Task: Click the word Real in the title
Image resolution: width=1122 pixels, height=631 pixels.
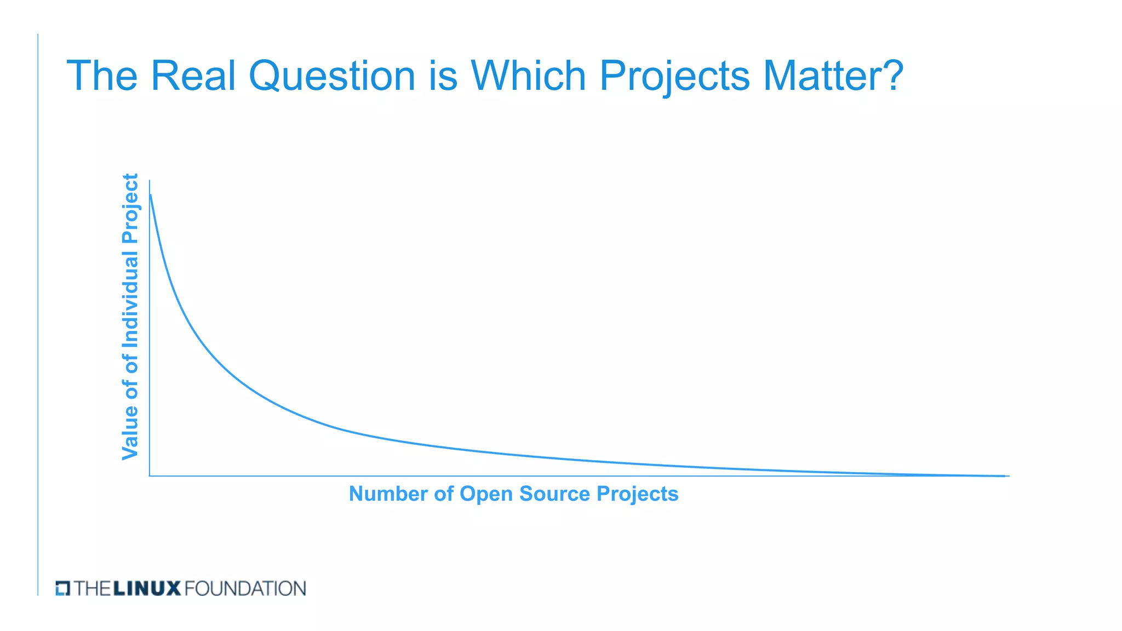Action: click(x=192, y=76)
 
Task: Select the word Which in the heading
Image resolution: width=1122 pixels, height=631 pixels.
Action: click(x=528, y=76)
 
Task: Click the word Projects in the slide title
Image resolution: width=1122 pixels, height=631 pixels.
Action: click(x=674, y=76)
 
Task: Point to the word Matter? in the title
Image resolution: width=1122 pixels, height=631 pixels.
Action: click(x=833, y=76)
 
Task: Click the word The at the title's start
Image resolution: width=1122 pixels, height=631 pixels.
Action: click(x=102, y=76)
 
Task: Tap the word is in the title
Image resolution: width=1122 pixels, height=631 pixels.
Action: click(x=443, y=76)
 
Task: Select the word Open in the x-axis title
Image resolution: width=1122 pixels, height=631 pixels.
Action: click(x=486, y=494)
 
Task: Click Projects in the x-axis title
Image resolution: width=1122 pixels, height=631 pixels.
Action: click(x=637, y=494)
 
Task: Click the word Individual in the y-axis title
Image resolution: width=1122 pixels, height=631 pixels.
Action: click(x=130, y=299)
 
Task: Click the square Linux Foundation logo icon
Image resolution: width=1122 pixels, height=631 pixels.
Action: click(x=62, y=588)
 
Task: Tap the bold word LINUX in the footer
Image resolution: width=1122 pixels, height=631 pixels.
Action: click(x=147, y=588)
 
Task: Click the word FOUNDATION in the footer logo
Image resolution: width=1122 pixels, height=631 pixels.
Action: click(x=245, y=588)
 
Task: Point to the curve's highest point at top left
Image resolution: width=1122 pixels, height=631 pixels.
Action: click(x=151, y=194)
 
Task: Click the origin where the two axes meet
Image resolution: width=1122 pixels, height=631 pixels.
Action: click(x=150, y=475)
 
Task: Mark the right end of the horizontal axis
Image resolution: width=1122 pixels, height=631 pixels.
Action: click(x=1009, y=476)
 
